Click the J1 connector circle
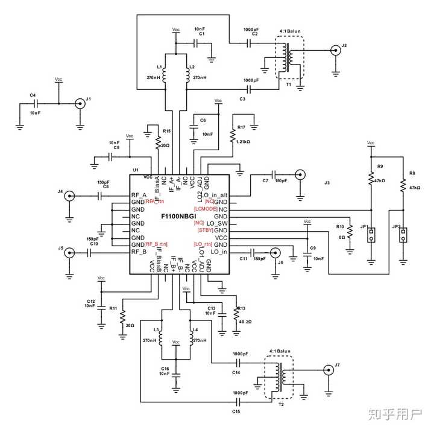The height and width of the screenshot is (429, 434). tap(79, 104)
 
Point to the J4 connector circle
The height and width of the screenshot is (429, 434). tap(69, 196)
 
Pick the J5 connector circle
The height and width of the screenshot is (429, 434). tap(69, 253)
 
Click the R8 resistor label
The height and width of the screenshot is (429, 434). tap(412, 173)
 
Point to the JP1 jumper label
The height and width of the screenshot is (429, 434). tap(363, 227)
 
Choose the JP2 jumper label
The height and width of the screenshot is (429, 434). tap(395, 227)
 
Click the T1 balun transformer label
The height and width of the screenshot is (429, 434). tap(289, 85)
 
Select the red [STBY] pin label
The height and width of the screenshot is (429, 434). tap(204, 230)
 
